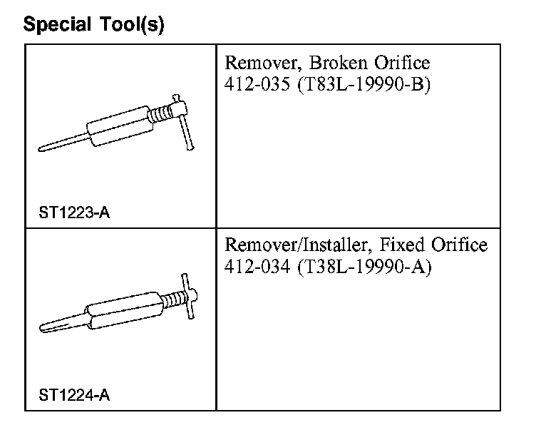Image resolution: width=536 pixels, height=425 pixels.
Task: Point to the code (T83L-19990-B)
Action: tap(359, 83)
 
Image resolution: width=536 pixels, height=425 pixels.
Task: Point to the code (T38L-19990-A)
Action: tap(361, 266)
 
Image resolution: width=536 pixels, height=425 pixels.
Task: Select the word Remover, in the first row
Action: tap(257, 63)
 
